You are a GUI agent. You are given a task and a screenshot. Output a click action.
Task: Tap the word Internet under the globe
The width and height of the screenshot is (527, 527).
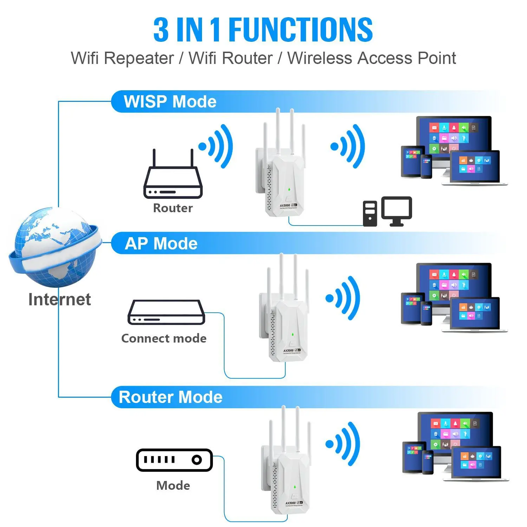(x=59, y=299)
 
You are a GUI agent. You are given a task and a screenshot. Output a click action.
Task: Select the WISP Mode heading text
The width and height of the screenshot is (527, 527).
(x=170, y=102)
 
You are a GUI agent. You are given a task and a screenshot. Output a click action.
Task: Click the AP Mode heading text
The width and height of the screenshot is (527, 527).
(x=161, y=243)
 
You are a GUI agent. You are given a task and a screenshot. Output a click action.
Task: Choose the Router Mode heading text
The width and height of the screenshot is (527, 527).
(x=171, y=397)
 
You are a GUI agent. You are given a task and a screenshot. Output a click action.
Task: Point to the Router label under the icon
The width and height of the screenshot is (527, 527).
(x=173, y=208)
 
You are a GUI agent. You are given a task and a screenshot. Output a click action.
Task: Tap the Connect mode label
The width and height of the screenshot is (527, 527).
(x=164, y=338)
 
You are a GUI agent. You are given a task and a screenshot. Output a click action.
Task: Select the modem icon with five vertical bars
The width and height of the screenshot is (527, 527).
(x=174, y=460)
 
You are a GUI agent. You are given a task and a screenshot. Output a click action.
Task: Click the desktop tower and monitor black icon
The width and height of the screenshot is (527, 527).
(x=387, y=211)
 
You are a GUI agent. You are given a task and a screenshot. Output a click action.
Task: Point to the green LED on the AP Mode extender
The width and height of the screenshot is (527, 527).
(x=292, y=334)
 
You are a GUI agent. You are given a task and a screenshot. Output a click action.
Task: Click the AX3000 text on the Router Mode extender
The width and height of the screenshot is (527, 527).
(x=290, y=503)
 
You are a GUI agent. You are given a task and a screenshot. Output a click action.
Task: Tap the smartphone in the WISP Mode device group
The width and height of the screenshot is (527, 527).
(x=426, y=166)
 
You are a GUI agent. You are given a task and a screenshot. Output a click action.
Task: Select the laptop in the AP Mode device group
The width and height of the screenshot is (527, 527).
(x=475, y=314)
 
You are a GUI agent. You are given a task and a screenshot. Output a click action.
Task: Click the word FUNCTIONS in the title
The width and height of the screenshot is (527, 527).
(x=300, y=30)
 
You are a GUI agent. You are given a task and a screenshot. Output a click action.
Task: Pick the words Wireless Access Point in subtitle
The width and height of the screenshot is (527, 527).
(x=371, y=58)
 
